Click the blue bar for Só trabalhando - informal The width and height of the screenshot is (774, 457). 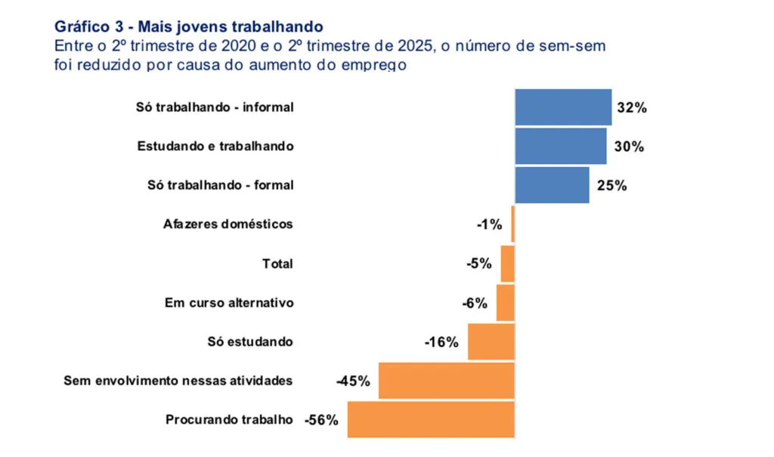pyautogui.click(x=563, y=107)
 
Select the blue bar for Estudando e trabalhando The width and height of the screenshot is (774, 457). pyautogui.click(x=561, y=147)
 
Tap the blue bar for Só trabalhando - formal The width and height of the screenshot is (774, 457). pyautogui.click(x=552, y=185)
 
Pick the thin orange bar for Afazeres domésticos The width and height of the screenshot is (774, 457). pyautogui.click(x=512, y=224)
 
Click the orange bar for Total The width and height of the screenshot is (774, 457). pyautogui.click(x=507, y=264)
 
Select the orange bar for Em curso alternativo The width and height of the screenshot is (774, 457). pyautogui.click(x=505, y=303)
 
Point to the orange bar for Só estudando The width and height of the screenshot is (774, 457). pyautogui.click(x=491, y=342)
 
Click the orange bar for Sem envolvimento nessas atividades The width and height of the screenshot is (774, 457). pyautogui.click(x=447, y=381)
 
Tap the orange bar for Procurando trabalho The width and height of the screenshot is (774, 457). pyautogui.click(x=431, y=420)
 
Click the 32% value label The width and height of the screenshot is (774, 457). pyautogui.click(x=632, y=108)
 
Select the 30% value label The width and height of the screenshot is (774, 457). pyautogui.click(x=629, y=147)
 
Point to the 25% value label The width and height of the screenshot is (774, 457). pyautogui.click(x=611, y=186)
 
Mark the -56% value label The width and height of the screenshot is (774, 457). pyautogui.click(x=321, y=420)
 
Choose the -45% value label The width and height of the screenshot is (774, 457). pyautogui.click(x=353, y=381)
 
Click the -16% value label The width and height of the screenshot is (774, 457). pyautogui.click(x=441, y=342)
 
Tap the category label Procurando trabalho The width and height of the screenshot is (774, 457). pyautogui.click(x=229, y=420)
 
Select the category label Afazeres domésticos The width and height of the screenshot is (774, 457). pyautogui.click(x=228, y=224)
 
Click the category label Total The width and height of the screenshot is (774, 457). pyautogui.click(x=277, y=264)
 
